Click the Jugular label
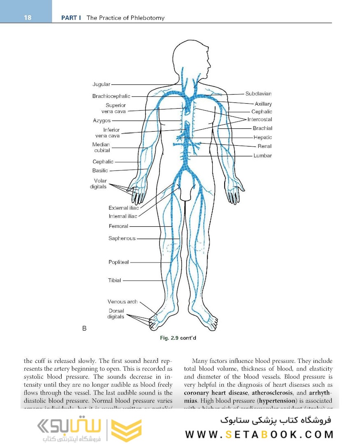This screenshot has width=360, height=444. pos(101,84)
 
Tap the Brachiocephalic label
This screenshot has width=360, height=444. pos(111,96)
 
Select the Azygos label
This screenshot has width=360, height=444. pos(102,121)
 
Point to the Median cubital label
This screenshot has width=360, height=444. pos(101,147)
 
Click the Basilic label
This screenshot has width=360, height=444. pos(100,170)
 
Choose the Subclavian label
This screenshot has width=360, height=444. pos(258,94)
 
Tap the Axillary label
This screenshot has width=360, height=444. pos(263,104)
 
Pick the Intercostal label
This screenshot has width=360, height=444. pos(260,120)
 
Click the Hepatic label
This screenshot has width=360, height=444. pos(262,137)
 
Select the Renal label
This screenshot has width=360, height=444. pos(265,146)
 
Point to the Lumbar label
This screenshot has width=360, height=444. pos(262,156)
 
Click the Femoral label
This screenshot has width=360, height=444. pos(118,226)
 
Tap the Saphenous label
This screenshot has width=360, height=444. pos(122,238)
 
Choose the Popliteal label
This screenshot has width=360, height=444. pos(118,262)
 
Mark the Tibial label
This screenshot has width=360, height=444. pos(114,280)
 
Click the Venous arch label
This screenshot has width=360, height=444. pos(123,302)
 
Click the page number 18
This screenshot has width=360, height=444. pos(28,18)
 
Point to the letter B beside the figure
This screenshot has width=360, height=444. pos(84,328)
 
